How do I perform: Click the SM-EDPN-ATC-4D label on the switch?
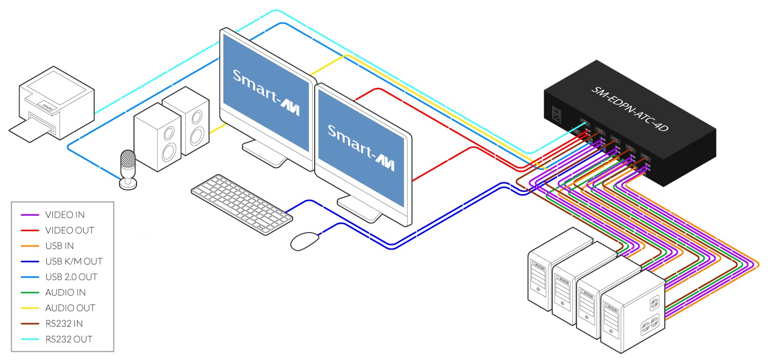pos(629,109)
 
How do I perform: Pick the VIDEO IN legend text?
pos(65,215)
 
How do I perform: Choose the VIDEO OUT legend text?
pos(70,230)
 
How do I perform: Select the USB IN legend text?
pos(60,245)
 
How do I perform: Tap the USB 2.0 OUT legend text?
pos(71,277)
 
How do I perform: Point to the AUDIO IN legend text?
pos(65,292)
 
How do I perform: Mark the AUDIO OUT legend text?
pos(70,308)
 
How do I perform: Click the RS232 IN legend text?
pos(64,324)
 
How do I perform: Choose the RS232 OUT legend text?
pos(69,339)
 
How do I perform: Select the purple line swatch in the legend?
pos(29,215)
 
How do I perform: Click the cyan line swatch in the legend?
pos(29,339)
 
